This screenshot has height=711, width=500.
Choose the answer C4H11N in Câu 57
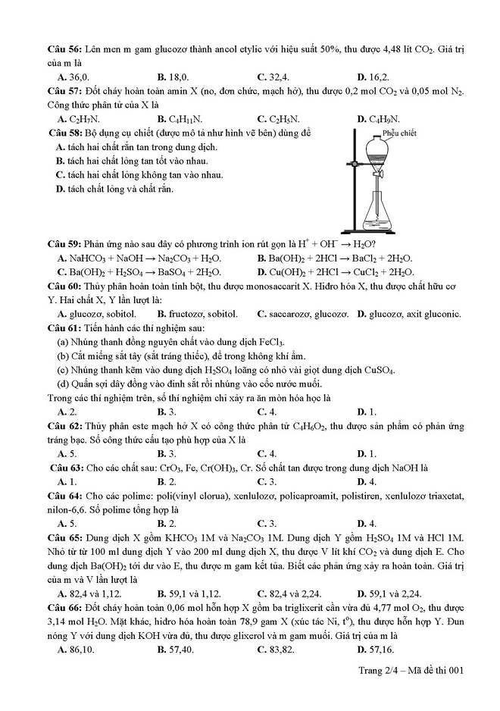tap(180, 119)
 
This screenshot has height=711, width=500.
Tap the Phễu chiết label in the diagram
tap(399, 133)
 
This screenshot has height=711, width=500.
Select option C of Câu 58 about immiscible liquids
tap(139, 175)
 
